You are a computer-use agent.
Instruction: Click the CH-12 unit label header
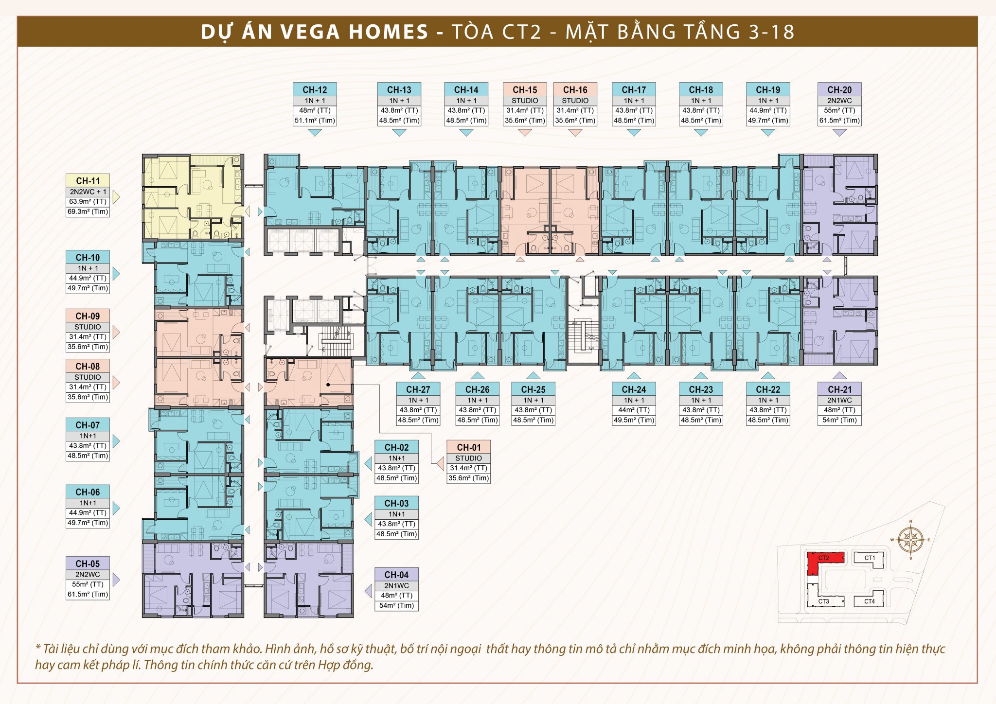[x=315, y=89]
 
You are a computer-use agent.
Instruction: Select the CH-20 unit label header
[x=839, y=89]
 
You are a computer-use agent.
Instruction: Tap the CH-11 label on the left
[x=88, y=181]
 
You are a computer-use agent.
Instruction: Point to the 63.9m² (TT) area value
[x=88, y=201]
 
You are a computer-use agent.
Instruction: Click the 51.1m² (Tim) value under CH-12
[x=315, y=121]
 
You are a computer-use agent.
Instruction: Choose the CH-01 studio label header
[x=469, y=447]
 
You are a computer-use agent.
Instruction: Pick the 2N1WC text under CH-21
[x=839, y=400]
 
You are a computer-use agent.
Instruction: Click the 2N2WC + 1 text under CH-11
[x=88, y=192]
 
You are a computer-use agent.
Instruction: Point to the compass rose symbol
[x=910, y=540]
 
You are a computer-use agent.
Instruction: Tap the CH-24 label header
[x=634, y=389]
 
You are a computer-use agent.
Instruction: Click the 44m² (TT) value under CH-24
[x=634, y=410]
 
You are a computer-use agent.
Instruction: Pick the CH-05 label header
[x=88, y=563]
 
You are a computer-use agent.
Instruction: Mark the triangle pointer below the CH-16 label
[x=575, y=133]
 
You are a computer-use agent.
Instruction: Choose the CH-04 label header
[x=397, y=575]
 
